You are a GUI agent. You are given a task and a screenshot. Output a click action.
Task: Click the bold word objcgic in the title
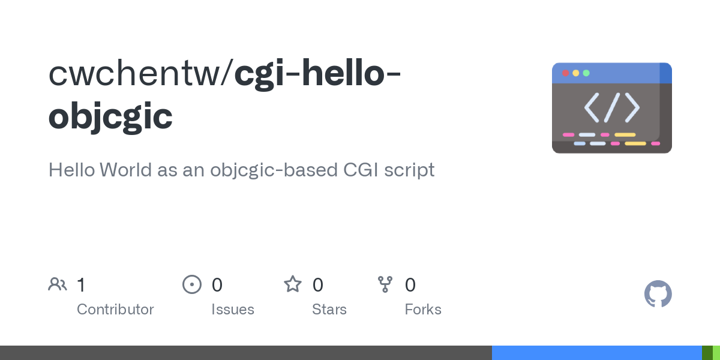[x=110, y=116]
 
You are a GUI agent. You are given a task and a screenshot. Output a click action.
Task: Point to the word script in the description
[x=410, y=170]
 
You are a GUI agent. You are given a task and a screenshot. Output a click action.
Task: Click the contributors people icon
[x=58, y=284]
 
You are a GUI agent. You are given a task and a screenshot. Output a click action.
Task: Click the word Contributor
[x=115, y=310]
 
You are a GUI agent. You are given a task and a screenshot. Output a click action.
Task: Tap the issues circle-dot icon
[x=192, y=284]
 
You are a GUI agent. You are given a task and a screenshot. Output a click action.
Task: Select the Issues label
[x=233, y=310]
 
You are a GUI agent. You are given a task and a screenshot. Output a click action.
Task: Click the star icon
[x=293, y=284]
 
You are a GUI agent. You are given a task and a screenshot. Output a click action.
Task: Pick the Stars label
[x=329, y=310]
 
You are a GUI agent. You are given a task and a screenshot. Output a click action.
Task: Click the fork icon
[x=385, y=284]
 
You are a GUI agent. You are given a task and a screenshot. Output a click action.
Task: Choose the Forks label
[x=423, y=310]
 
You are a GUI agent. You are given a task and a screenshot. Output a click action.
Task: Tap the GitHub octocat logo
[x=658, y=294]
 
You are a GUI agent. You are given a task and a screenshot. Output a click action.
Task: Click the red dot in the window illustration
[x=565, y=73]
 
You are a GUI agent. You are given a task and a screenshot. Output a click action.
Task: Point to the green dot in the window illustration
[x=586, y=73]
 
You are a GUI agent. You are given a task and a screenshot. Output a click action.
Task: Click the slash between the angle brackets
[x=611, y=107]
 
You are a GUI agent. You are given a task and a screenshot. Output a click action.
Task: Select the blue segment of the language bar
[x=596, y=353]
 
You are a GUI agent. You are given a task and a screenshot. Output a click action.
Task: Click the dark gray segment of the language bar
[x=246, y=353]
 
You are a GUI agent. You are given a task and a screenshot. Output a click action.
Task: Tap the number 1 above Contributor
[x=81, y=284]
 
